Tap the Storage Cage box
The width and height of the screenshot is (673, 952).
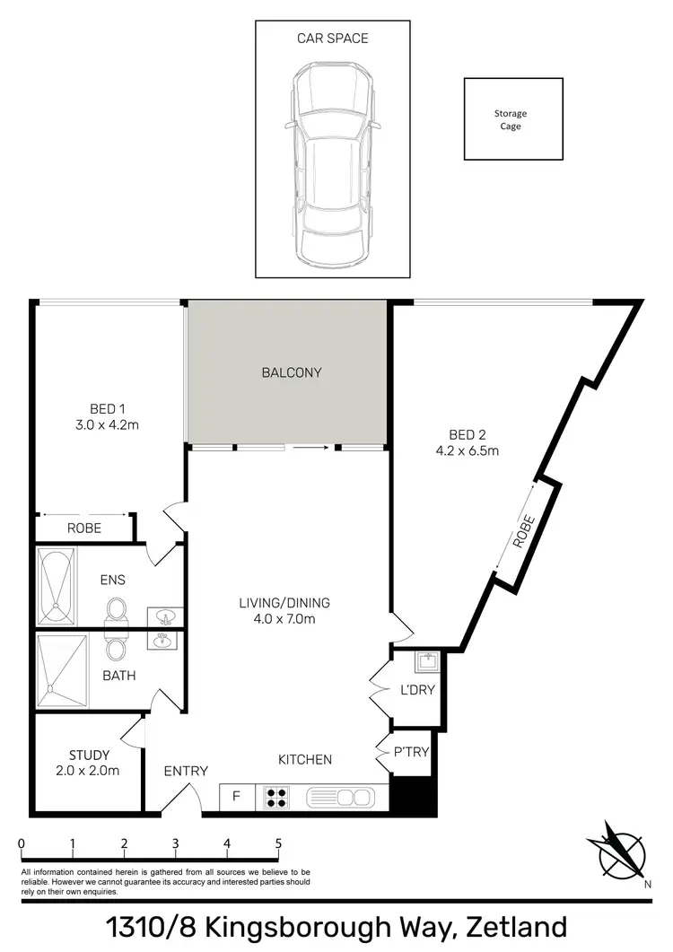(512, 119)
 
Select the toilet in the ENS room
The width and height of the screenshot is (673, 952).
(115, 610)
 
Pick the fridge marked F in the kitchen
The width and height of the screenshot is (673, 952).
(237, 796)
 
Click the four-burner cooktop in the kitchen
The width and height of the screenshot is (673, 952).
(276, 796)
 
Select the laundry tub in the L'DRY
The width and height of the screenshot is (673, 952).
(426, 663)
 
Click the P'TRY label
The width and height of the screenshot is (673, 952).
(412, 752)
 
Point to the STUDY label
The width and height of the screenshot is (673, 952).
(89, 755)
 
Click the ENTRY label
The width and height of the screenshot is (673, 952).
(186, 771)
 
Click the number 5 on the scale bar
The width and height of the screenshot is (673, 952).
(279, 843)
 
